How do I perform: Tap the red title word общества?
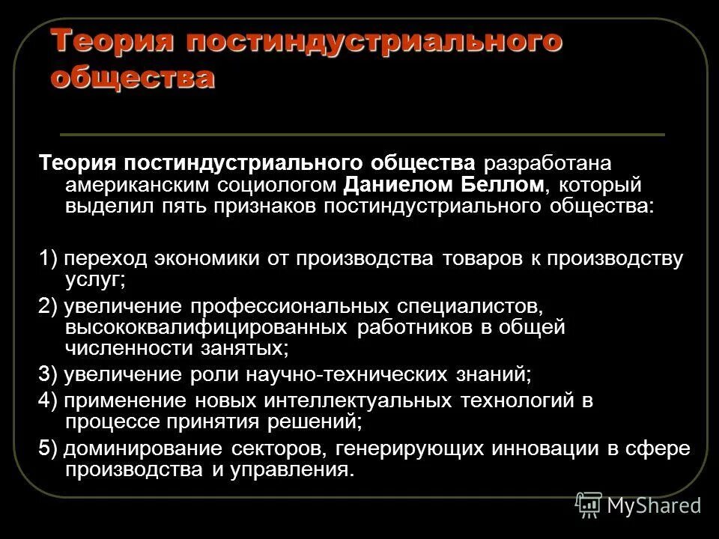pos(133,77)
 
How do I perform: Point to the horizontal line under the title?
pos(362,135)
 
